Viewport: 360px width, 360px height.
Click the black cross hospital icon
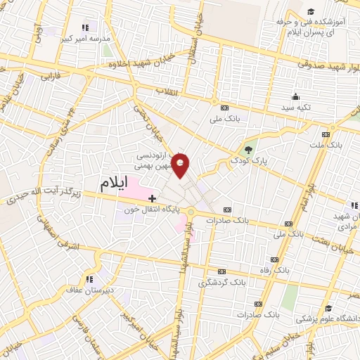[x=152, y=199]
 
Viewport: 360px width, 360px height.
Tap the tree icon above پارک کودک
[x=247, y=150]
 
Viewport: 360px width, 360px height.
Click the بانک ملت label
[x=324, y=146]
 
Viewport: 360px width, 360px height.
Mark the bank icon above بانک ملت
[x=325, y=134]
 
